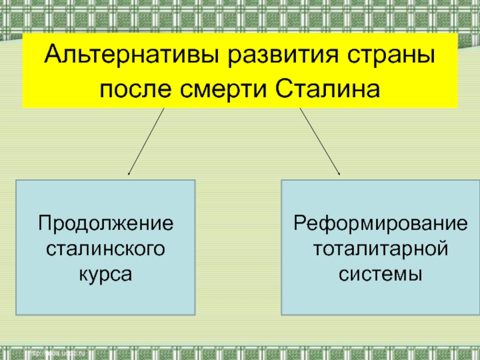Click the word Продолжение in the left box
(x=106, y=223)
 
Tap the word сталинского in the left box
(x=106, y=248)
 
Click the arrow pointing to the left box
(x=146, y=142)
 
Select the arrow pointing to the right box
(x=319, y=142)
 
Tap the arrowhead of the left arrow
(x=130, y=173)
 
